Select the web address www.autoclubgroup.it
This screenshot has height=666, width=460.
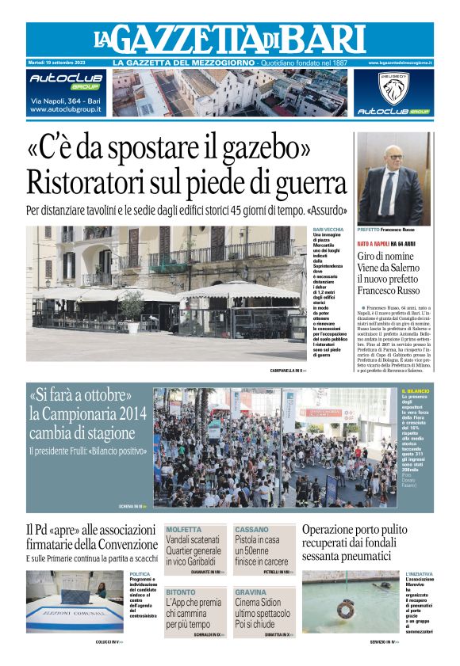coord(65,109)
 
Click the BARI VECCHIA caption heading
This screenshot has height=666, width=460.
coord(328,230)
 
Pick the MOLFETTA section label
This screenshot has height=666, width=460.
coord(183,529)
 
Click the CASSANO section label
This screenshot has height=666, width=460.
coord(251,529)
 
